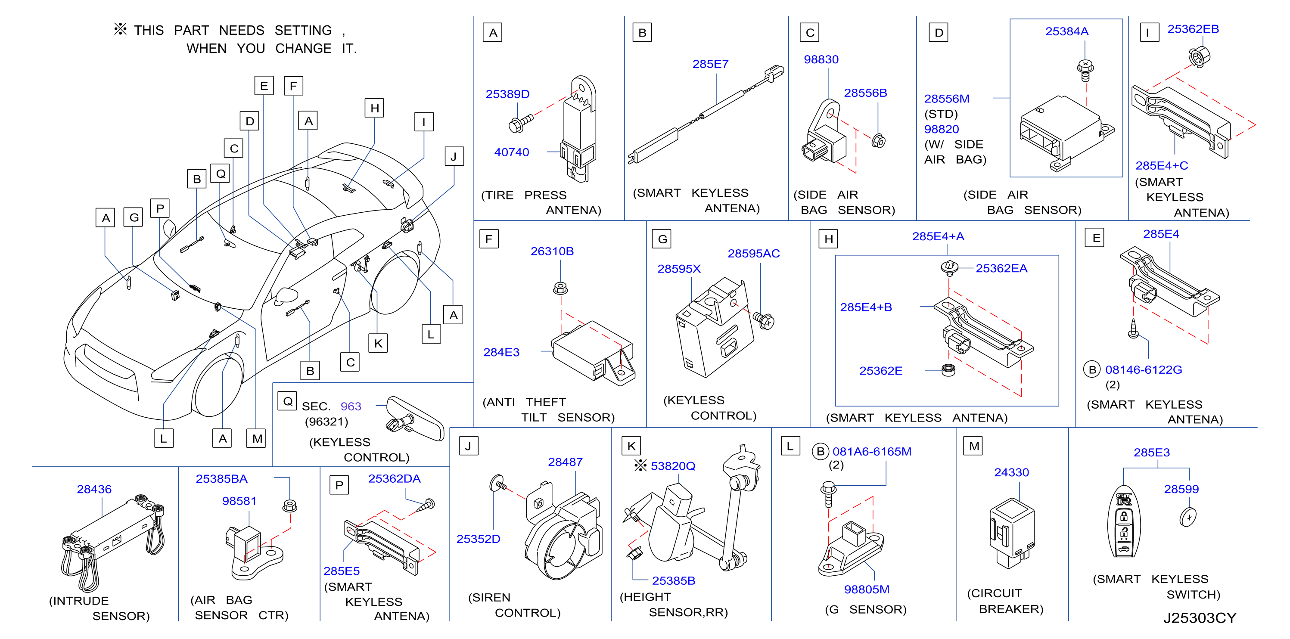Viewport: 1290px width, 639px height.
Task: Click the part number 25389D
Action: pos(507,94)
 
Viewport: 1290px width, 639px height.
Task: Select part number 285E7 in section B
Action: pos(710,64)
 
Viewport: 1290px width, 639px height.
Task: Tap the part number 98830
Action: pos(821,59)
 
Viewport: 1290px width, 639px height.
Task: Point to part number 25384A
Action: pos(1066,31)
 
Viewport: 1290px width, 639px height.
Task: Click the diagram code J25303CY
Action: pos(1200,618)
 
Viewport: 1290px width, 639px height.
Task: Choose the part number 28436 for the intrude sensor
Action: pos(94,489)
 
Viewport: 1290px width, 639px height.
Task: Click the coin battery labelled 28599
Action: pos(1188,517)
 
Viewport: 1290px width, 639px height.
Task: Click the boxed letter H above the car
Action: pos(375,108)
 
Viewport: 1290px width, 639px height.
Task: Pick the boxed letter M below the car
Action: pos(256,438)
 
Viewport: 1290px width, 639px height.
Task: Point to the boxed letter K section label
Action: pos(631,446)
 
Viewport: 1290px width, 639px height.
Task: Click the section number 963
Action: pos(351,406)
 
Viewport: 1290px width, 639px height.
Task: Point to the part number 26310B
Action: pos(552,251)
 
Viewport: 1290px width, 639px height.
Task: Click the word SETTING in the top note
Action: pos(303,31)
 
